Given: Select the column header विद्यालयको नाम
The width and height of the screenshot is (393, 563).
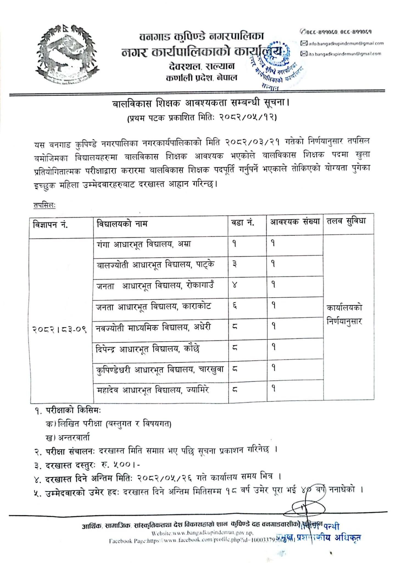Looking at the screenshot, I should point(122,223).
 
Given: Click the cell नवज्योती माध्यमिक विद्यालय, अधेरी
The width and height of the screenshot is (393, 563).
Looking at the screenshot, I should point(154,327).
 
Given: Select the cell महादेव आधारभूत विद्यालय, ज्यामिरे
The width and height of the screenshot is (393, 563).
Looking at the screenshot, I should point(153,390).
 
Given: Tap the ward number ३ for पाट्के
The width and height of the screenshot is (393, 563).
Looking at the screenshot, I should point(235,264).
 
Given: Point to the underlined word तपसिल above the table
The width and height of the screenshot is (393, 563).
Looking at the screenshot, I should point(44,205).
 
